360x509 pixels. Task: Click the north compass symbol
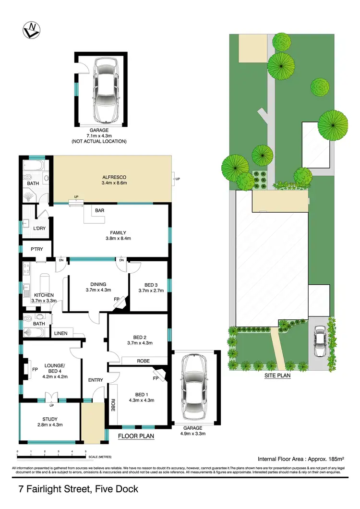(30, 31)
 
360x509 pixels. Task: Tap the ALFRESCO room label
(113, 179)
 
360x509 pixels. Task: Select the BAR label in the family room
(100, 210)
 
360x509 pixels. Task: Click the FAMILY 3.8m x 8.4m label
(118, 235)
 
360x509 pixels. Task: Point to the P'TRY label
(37, 249)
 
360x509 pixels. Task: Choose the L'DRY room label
(39, 228)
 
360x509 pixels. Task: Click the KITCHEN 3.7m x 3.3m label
(44, 298)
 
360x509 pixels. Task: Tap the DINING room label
(98, 287)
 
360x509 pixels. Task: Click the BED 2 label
(138, 339)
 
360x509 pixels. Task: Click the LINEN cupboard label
(60, 333)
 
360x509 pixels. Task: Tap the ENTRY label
(96, 380)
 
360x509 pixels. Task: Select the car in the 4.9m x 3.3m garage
(194, 390)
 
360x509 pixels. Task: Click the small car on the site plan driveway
(319, 343)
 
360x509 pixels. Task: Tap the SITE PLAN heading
(277, 376)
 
